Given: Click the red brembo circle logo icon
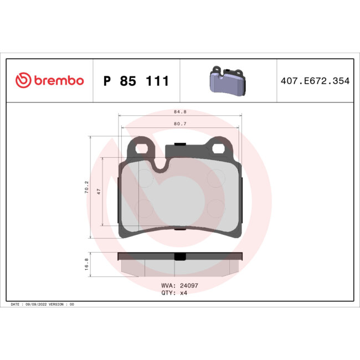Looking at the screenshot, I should point(23,81).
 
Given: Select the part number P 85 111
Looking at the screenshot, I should point(136,81).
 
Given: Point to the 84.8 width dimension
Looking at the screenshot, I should point(180,111).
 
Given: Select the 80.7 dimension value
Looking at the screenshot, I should point(180,124).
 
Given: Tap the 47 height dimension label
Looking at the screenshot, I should point(99,191).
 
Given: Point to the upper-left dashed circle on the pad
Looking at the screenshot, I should point(145,177).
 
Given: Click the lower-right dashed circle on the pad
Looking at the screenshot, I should point(215,208).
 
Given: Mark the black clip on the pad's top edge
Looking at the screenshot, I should point(180,145).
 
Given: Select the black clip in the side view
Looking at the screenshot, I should point(180,256).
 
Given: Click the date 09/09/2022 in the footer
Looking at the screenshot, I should point(37,305).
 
